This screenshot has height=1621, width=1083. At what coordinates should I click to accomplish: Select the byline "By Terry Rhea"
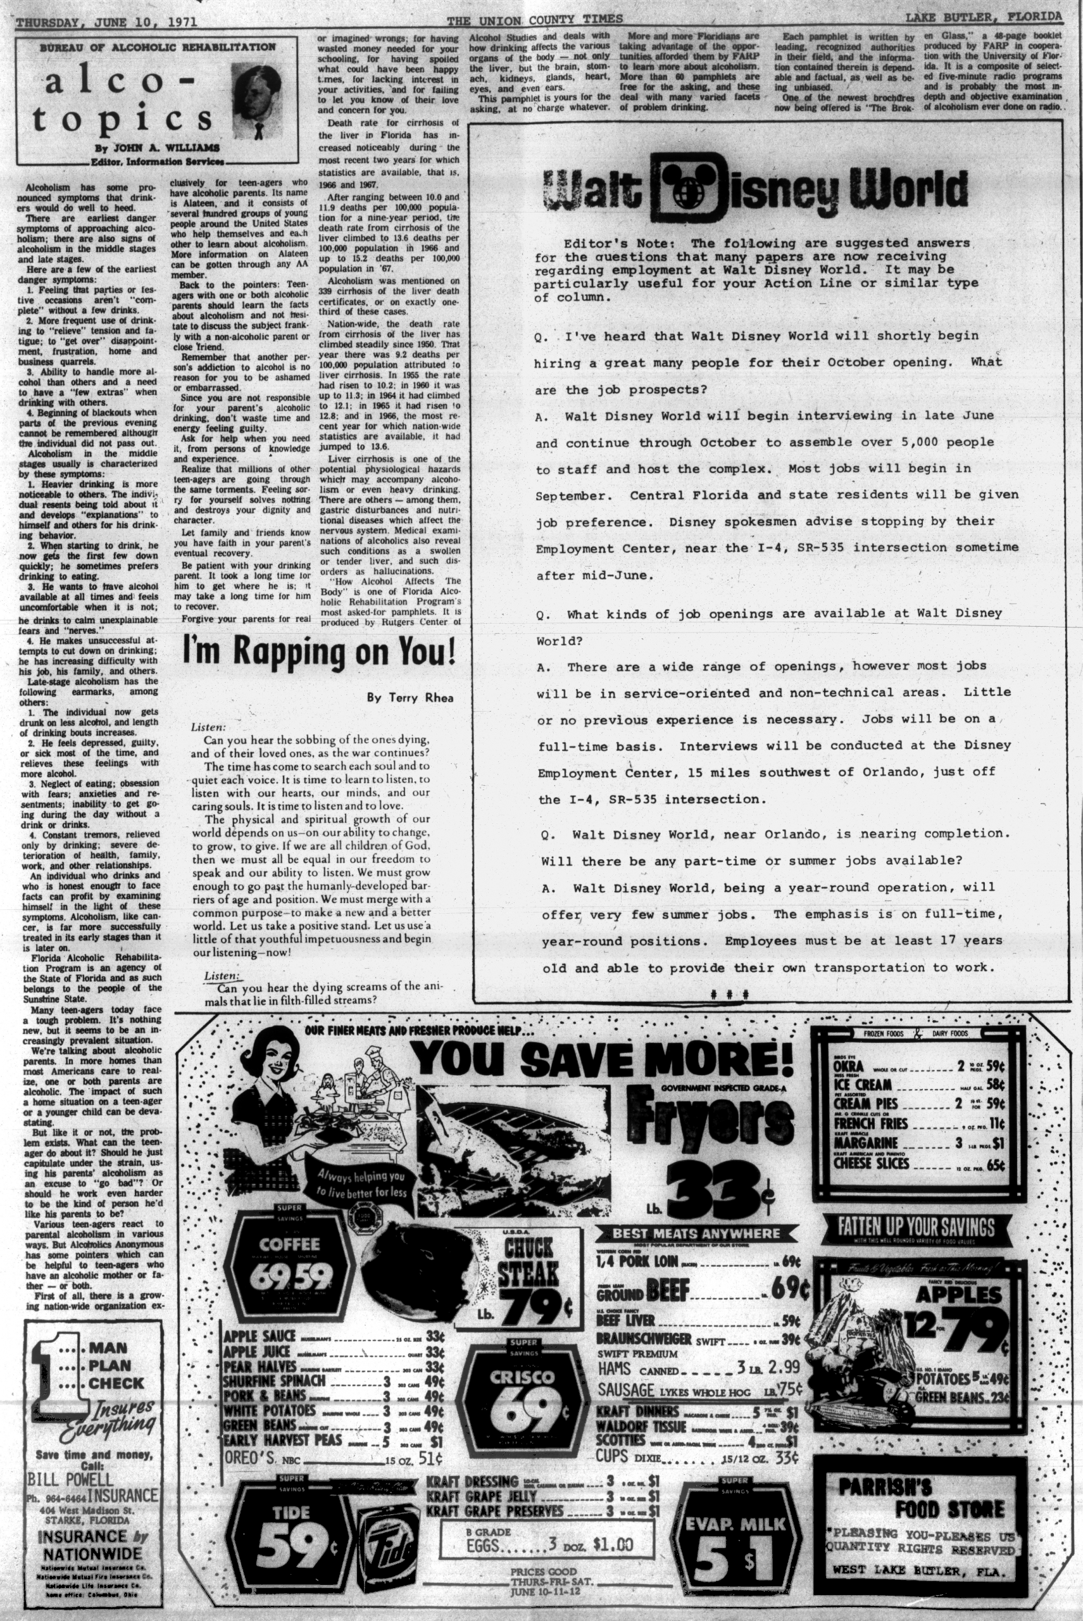pos(410,698)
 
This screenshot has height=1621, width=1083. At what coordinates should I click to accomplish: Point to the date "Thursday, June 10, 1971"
pos(106,22)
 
